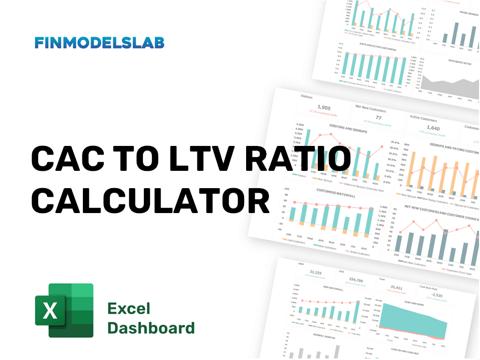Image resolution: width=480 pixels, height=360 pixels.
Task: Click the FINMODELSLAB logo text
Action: point(100,43)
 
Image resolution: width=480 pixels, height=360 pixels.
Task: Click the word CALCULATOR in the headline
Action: point(151,201)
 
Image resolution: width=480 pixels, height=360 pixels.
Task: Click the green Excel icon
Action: point(64,310)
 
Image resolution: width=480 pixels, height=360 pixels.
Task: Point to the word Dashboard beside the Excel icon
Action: point(151,327)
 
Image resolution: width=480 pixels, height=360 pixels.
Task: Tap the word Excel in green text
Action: point(129,308)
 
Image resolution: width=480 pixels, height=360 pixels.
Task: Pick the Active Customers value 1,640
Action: point(433,128)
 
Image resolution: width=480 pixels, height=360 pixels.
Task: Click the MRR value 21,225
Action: point(315,273)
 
